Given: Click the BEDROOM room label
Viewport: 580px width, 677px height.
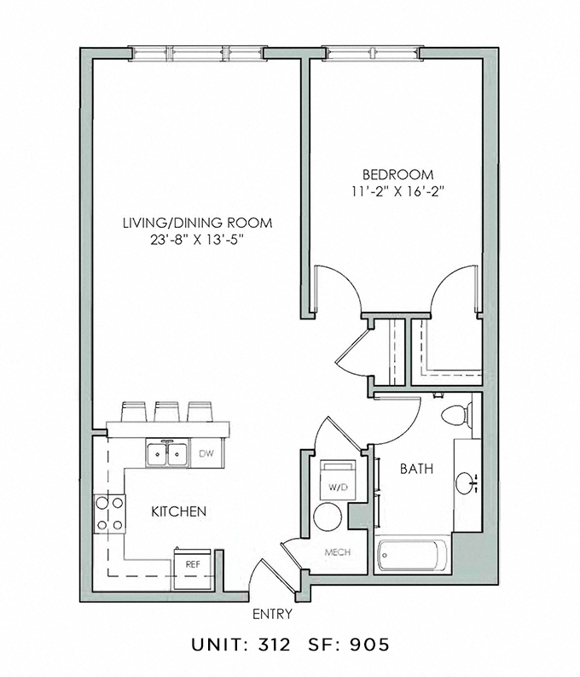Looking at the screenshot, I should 397,172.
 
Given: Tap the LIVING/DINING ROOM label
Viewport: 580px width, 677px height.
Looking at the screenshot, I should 198,223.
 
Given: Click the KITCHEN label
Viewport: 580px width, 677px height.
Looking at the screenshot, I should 179,512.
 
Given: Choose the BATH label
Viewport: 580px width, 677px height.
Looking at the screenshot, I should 416,469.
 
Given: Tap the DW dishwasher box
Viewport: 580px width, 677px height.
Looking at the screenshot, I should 206,453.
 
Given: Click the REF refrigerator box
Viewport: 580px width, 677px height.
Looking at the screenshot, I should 192,564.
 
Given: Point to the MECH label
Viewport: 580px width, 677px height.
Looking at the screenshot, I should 338,552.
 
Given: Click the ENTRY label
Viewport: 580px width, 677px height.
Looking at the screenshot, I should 273,614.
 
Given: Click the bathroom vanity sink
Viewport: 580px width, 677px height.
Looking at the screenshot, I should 469,484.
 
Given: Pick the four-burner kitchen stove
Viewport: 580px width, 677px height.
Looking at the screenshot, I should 109,514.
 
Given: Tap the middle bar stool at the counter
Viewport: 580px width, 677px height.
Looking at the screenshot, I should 166,411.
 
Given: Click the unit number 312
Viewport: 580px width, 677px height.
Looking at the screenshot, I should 277,644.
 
